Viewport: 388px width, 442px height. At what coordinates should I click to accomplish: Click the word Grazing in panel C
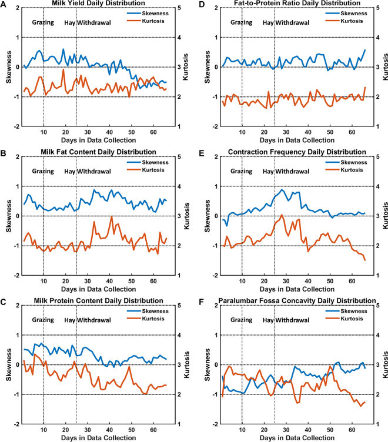pyautogui.click(x=42, y=320)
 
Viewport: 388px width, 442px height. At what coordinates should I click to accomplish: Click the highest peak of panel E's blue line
pyautogui.click(x=283, y=189)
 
